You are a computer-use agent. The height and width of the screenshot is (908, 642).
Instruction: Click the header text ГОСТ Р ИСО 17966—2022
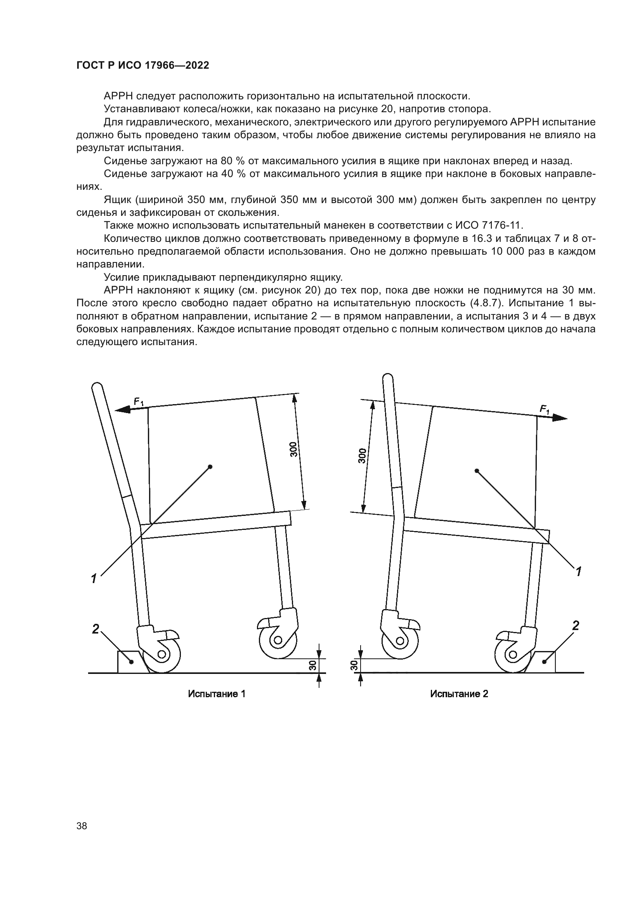[143, 66]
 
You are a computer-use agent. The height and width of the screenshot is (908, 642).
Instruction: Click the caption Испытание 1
[217, 694]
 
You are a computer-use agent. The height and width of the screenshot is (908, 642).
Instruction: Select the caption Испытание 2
[459, 694]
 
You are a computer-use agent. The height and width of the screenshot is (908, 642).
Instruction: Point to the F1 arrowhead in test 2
[560, 418]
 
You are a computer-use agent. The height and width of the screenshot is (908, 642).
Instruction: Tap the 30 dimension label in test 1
[312, 666]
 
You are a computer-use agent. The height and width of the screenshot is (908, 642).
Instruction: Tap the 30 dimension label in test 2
[354, 666]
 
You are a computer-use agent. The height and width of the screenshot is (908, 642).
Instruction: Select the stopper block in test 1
[131, 661]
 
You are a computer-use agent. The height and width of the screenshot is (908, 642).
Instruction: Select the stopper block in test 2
[544, 661]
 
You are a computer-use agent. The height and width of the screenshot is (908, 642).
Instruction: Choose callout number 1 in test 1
[94, 578]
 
